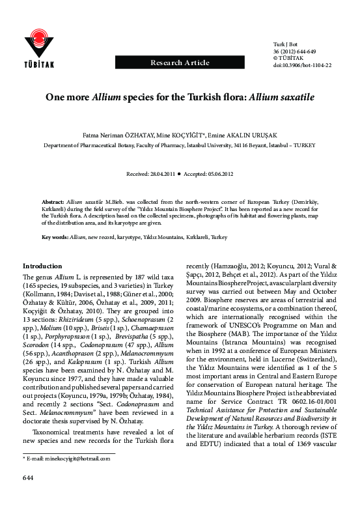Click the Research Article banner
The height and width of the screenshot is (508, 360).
(x=180, y=63)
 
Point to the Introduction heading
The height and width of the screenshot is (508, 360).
(x=43, y=266)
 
